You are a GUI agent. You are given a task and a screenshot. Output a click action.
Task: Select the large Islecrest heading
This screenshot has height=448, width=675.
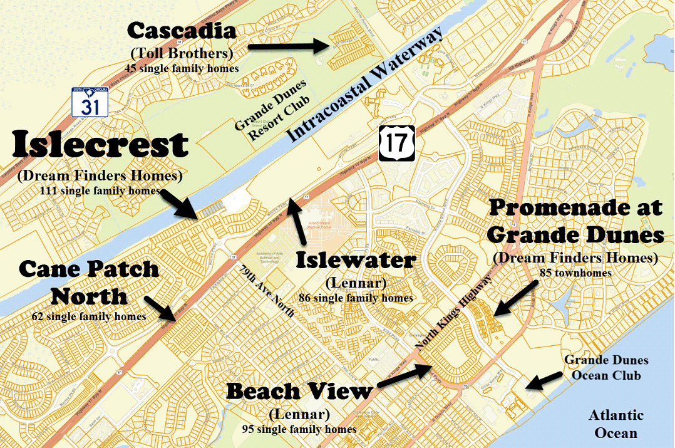(x=100, y=145)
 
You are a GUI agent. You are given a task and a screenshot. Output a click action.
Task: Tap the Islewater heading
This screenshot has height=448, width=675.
(x=356, y=260)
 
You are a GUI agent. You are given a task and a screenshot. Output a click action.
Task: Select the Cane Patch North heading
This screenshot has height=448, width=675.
(x=89, y=282)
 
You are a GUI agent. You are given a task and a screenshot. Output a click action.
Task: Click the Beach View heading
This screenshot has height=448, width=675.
(x=299, y=392)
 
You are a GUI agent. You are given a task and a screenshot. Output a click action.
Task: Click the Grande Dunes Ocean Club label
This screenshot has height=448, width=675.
(x=606, y=368)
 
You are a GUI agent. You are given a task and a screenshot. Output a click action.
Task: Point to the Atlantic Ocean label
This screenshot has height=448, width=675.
(x=616, y=424)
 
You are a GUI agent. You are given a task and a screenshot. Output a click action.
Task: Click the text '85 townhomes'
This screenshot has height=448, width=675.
(x=575, y=273)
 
